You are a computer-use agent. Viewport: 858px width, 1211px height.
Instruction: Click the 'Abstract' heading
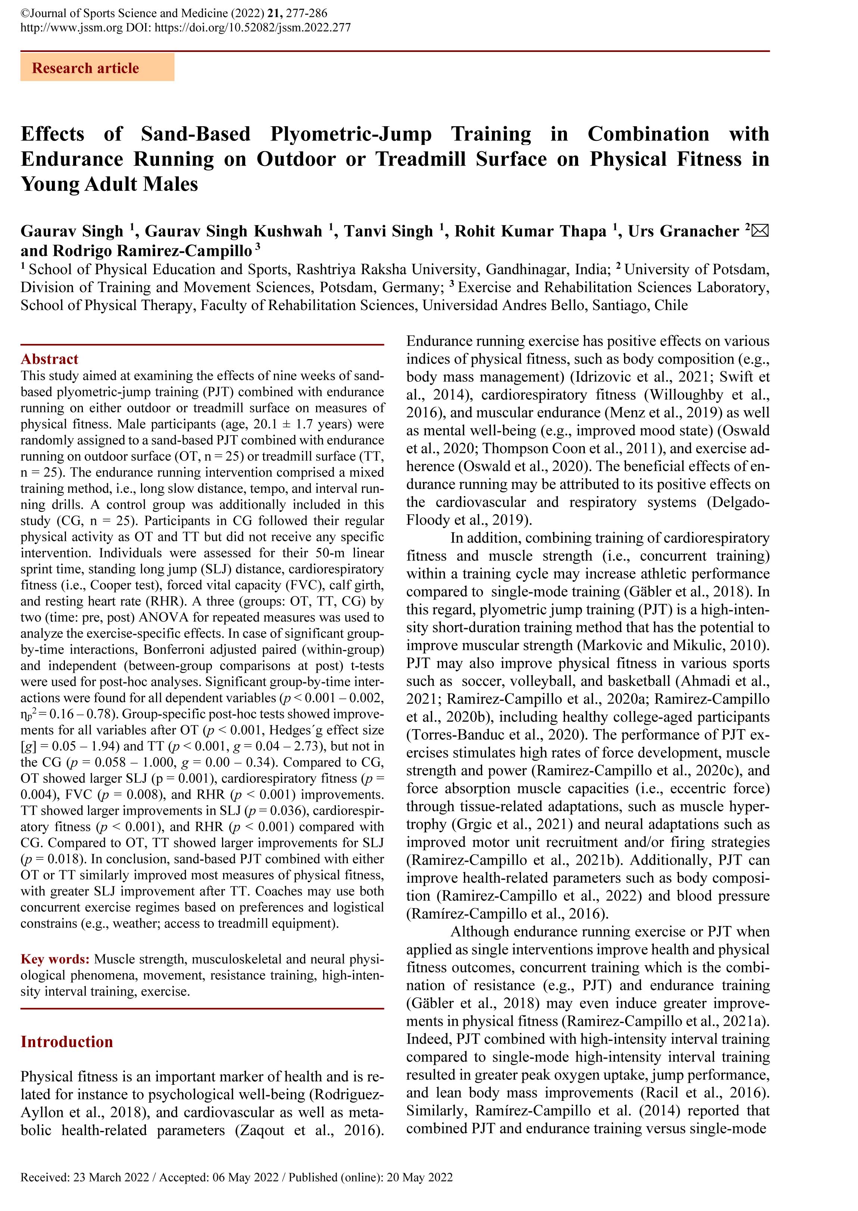click(49, 359)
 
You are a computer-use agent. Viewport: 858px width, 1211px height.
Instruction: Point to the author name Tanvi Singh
click(388, 231)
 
